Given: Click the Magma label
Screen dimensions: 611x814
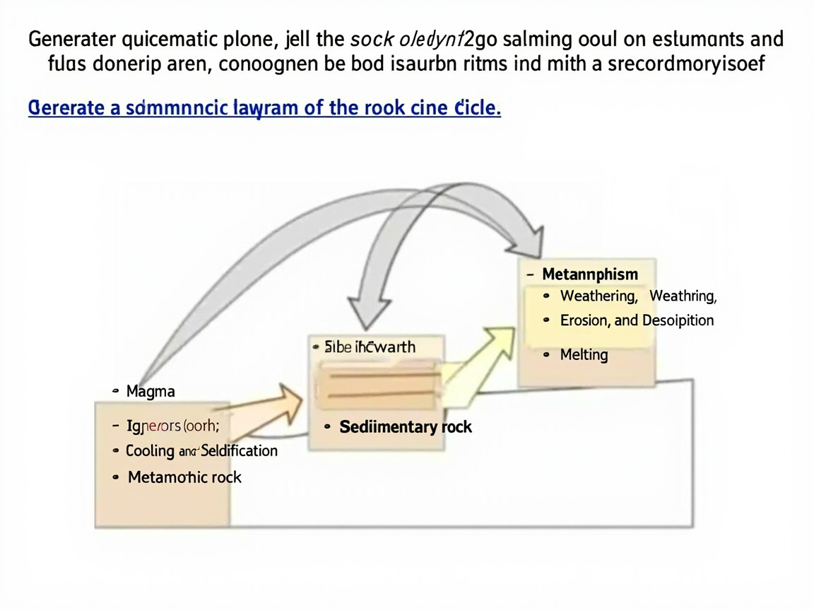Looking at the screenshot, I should (150, 391).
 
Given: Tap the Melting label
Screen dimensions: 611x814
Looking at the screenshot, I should (584, 355).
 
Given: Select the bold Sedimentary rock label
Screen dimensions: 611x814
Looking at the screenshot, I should (406, 427).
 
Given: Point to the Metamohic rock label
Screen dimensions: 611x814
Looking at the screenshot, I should (184, 477).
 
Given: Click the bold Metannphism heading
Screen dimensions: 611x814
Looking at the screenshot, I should (590, 274).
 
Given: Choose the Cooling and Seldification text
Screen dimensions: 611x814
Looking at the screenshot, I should (201, 451).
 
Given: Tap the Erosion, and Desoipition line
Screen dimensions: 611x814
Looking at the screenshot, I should (637, 320).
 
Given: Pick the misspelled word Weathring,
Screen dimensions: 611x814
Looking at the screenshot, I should (683, 296).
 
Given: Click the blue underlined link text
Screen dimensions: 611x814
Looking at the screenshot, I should (264, 110).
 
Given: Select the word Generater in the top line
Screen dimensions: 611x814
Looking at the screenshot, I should (71, 40).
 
